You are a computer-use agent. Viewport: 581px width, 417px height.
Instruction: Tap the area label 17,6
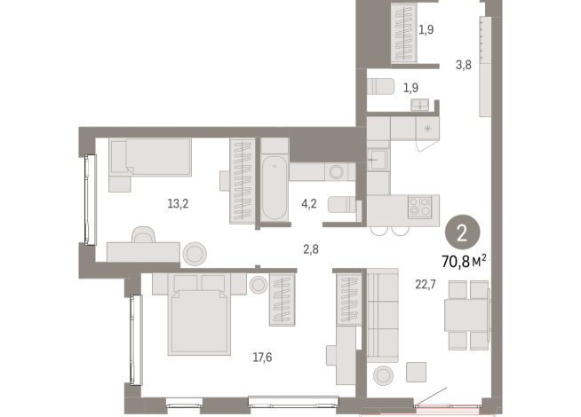(x=262, y=358)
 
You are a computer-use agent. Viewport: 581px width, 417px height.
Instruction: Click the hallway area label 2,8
(x=311, y=249)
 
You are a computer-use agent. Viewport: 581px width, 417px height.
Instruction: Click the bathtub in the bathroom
(x=274, y=188)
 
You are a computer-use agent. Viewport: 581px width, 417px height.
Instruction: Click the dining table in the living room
(x=467, y=314)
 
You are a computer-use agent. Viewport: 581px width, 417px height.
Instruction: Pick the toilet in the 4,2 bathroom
(x=341, y=205)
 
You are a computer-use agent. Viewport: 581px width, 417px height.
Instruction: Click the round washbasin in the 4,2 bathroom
(x=336, y=172)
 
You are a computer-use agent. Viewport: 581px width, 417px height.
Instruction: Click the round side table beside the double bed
(x=258, y=285)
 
